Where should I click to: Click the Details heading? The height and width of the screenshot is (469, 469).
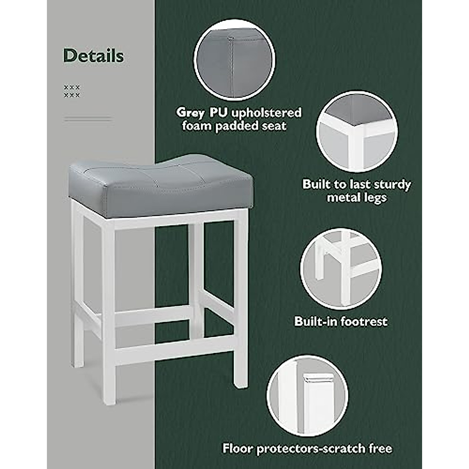(93, 56)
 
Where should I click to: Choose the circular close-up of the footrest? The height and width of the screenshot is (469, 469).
(341, 269)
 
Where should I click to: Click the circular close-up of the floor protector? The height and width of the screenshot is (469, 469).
(308, 395)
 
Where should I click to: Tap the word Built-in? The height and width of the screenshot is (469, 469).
(315, 321)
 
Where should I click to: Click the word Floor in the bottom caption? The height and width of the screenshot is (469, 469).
(238, 448)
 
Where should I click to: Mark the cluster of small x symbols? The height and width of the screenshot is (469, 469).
(72, 91)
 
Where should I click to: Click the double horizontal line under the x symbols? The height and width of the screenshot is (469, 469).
(88, 118)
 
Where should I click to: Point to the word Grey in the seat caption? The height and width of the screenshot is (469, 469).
(190, 113)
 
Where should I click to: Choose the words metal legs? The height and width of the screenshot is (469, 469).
(356, 197)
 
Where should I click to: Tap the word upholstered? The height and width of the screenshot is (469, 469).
(267, 113)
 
